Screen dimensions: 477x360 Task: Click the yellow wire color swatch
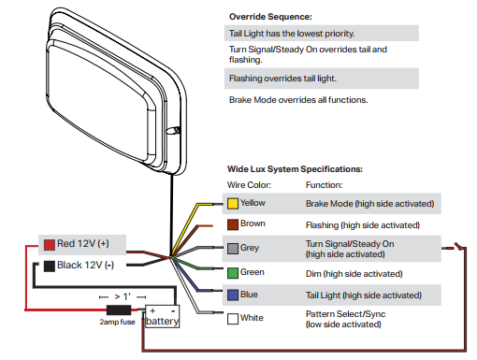233,204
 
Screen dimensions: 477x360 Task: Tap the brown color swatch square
233,224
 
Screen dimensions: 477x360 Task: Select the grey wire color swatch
233,249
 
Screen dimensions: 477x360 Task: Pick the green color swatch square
233,273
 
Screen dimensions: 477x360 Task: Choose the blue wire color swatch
233,295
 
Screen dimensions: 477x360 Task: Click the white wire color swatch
233,319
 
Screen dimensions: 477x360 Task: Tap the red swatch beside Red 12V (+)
50,245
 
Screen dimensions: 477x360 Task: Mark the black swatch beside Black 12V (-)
50,266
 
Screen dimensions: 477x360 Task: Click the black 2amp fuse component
119,310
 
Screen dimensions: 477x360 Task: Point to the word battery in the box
163,322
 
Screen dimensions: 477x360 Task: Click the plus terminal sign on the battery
152,310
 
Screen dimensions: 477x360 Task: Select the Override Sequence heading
270,17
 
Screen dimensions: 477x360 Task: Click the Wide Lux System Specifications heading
295,169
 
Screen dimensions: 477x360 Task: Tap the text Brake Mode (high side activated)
369,204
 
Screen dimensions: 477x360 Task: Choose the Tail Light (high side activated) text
364,295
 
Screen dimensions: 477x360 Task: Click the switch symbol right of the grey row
457,247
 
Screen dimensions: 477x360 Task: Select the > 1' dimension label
123,296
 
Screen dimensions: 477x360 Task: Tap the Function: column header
324,185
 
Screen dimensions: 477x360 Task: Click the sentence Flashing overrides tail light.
282,79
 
